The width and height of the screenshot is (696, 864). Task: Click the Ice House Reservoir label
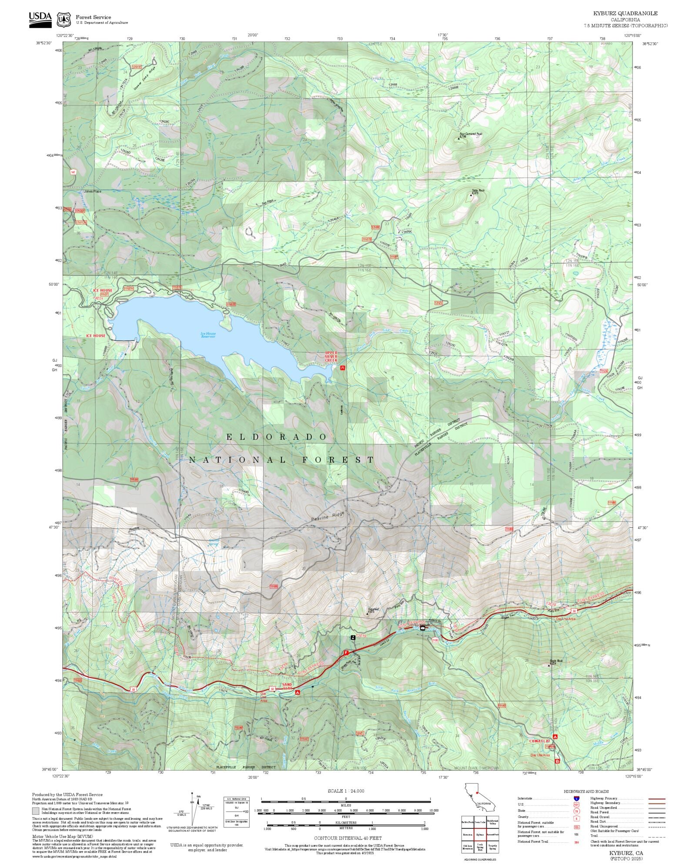(208, 335)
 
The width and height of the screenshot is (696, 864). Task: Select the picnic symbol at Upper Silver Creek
(342, 368)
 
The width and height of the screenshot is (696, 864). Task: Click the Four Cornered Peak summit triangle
(458, 139)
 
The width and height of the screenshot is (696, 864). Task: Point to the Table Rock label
(478, 191)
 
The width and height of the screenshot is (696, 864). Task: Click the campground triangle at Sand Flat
(298, 692)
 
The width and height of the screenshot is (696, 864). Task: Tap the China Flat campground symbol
(555, 737)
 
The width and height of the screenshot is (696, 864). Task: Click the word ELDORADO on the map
(276, 437)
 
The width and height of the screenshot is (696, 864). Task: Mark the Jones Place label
(92, 191)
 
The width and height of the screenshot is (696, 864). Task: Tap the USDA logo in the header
(40, 19)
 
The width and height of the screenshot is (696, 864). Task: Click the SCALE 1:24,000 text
(346, 790)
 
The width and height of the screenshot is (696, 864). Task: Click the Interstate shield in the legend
(576, 799)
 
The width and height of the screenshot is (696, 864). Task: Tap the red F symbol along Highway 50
(346, 653)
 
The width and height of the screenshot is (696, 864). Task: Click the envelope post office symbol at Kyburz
(422, 628)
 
